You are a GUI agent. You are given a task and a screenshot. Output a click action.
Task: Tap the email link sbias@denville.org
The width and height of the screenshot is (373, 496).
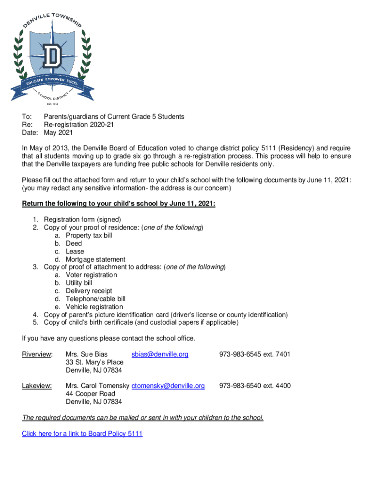[x=159, y=355]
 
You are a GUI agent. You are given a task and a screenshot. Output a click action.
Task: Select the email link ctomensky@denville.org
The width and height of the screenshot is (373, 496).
[x=168, y=386]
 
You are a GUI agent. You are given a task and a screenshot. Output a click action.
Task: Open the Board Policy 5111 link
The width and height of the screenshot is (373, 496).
[x=82, y=434]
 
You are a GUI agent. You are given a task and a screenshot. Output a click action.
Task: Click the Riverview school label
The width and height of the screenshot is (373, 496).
[x=37, y=355]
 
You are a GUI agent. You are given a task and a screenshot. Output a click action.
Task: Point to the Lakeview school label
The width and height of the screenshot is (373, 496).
[x=36, y=386]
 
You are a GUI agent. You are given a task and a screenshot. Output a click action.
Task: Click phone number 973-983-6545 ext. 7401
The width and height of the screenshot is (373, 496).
[x=255, y=355]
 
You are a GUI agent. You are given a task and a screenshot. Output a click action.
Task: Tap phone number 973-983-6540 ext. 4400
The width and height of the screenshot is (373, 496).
[x=255, y=386]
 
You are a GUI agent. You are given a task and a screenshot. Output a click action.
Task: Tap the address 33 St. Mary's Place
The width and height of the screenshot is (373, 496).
[x=94, y=362]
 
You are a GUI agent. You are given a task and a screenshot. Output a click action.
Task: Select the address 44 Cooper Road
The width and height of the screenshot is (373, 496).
[x=91, y=394]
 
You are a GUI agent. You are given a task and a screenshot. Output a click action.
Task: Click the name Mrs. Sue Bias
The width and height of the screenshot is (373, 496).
[x=87, y=355]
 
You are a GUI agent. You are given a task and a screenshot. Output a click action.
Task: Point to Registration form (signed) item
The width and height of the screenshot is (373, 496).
[x=82, y=219]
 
